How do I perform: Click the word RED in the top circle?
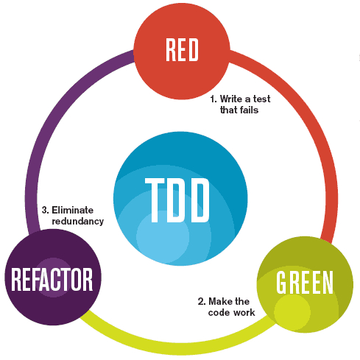pos(182,50)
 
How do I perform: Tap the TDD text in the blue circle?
pos(177,200)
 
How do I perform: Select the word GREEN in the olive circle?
pos(305,283)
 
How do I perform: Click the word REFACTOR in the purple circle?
pos(52,280)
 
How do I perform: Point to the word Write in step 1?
pos(231,99)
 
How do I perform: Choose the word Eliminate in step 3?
pos(73,210)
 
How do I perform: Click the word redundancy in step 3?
pos(78,222)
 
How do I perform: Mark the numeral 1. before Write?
pos(213,99)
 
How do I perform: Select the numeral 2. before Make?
pos(202,301)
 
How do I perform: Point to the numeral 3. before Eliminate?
pos(46,210)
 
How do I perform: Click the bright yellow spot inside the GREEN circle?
pos(292,312)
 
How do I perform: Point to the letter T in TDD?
pos(155,200)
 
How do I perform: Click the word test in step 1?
pos(261,99)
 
